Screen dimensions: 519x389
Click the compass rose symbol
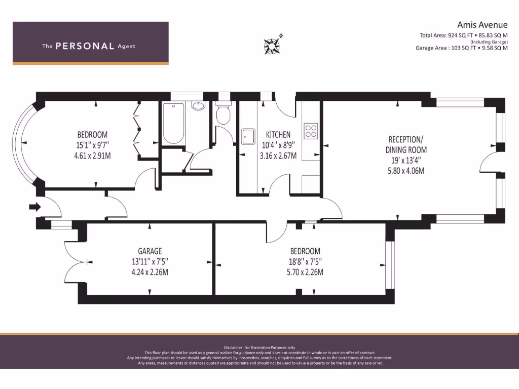point(272,45)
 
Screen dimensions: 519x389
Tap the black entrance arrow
point(35,207)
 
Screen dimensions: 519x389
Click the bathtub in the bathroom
point(173,124)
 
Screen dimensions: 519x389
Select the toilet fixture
point(224,113)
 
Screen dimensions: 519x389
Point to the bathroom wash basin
point(198,105)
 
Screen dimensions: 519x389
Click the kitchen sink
point(248,136)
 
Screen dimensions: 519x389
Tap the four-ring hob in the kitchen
point(311,131)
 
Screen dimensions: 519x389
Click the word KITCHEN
point(278,135)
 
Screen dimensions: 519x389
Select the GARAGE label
point(150,251)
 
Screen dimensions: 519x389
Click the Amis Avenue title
point(483,25)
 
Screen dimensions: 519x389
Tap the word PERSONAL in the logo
point(85,46)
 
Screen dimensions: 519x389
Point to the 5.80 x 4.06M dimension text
point(406,171)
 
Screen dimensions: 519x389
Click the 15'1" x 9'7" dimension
point(92,145)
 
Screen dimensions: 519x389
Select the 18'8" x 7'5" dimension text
point(305,262)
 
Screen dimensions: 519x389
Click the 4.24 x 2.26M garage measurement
point(150,272)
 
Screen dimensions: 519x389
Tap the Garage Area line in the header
point(461,48)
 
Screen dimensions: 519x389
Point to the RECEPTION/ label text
point(406,139)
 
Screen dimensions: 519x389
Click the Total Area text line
point(463,35)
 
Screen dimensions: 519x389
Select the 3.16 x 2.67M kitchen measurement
point(278,156)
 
